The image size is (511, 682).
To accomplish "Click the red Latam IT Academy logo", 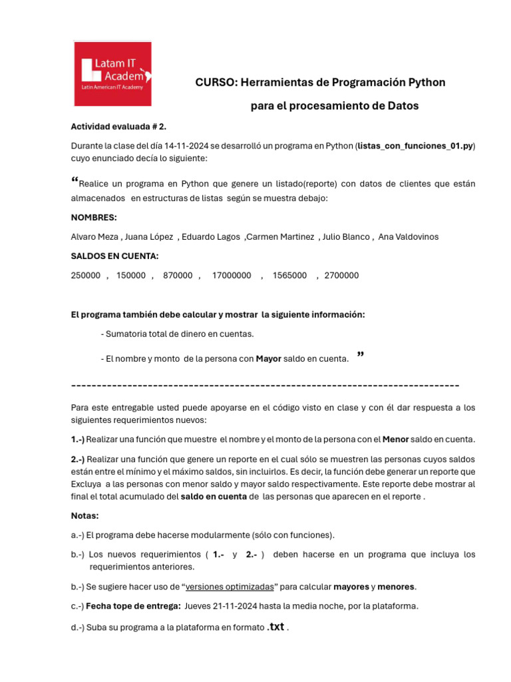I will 112,73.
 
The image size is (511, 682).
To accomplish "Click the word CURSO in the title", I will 214,83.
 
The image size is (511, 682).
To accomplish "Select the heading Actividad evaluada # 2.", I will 118,127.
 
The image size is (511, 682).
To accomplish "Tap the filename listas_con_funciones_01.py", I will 415,146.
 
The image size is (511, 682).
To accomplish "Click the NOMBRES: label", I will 94,217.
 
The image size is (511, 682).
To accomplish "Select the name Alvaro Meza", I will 95,237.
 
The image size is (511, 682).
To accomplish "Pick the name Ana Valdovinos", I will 408,237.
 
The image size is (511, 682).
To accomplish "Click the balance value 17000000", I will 232,275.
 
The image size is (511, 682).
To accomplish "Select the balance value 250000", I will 86,275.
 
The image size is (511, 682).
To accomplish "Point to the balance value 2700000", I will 341,275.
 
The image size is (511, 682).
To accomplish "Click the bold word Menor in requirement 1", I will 395,440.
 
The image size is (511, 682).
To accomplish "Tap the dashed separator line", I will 265,386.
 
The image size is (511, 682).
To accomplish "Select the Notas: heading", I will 85,515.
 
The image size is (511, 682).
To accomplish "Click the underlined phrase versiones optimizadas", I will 230,587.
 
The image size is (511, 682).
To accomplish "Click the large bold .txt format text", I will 275,627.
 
